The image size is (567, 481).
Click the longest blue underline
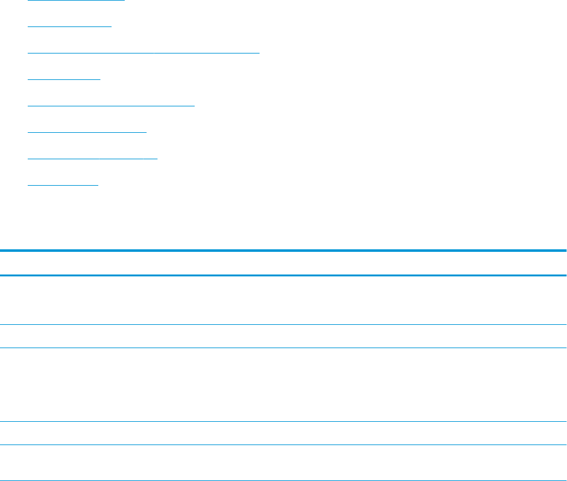click(x=144, y=53)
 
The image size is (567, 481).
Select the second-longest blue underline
click(x=112, y=106)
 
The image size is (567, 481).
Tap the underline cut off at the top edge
click(x=76, y=1)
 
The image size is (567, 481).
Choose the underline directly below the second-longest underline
click(x=87, y=132)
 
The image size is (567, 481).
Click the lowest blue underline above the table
click(x=64, y=185)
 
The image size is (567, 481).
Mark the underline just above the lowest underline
click(x=93, y=159)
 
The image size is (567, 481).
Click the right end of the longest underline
click(x=258, y=53)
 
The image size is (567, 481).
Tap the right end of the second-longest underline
click(x=194, y=106)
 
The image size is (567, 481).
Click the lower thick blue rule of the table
click(x=283, y=275)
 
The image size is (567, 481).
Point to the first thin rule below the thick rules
click(x=283, y=324)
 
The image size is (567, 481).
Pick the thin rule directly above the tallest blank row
click(x=283, y=348)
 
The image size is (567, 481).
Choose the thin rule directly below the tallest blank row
click(x=283, y=421)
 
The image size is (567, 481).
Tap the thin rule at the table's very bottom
click(x=283, y=480)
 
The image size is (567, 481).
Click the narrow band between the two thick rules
click(x=283, y=263)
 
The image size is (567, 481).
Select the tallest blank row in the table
click(x=283, y=385)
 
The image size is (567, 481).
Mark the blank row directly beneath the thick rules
click(x=283, y=300)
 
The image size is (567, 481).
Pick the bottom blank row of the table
click(x=283, y=463)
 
